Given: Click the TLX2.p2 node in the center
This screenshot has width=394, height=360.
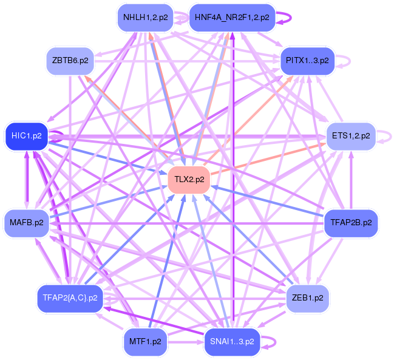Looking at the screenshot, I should point(189,179).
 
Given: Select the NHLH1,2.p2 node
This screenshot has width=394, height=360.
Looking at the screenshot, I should point(145,18).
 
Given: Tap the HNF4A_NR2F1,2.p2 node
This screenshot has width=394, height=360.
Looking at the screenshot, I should point(232,18).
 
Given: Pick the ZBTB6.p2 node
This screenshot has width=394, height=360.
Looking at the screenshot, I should point(70,61).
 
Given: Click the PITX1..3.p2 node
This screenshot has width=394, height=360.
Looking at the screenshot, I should point(307,61).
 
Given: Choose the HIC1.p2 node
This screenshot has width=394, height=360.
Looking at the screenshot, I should point(26,135).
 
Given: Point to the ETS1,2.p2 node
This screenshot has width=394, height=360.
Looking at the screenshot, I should point(351,135).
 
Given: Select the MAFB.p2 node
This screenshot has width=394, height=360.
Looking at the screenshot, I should point(26,223).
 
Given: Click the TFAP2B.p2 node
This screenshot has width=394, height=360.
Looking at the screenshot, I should point(351,223).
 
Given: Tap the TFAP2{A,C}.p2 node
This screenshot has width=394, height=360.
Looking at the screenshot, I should point(70,297).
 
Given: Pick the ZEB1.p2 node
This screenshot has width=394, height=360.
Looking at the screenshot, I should point(307,297).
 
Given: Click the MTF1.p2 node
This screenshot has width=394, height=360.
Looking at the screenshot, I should point(145,341).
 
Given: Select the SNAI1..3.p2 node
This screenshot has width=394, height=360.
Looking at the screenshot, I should point(232,341).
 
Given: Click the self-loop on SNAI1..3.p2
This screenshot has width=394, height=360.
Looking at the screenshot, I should point(273,342).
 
